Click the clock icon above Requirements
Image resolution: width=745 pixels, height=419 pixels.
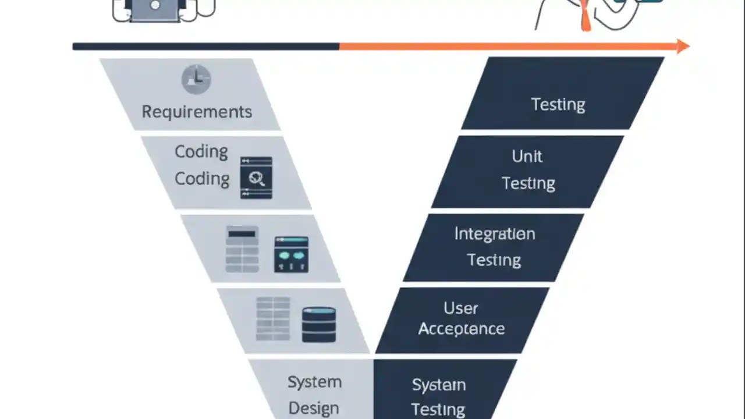point(196,79)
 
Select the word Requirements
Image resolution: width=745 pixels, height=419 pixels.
point(197,111)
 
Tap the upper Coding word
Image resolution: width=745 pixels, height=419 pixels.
point(201,151)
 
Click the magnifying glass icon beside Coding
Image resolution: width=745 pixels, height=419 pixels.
point(256,178)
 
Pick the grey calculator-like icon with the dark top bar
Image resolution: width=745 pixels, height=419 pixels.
point(242,249)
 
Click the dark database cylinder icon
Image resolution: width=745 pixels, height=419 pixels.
point(319,324)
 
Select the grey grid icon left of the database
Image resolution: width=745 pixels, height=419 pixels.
point(273,319)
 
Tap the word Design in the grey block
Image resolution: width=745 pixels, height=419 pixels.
point(314,408)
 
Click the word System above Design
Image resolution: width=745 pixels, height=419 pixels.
point(314,382)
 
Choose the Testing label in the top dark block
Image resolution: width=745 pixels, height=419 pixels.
point(558,105)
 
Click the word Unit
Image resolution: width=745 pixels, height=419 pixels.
point(527,156)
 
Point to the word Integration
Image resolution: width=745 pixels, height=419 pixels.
point(494,234)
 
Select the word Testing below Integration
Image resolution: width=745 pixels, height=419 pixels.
point(494,260)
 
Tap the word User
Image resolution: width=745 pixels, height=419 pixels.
point(460,308)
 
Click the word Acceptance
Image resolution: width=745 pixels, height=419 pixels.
point(461,329)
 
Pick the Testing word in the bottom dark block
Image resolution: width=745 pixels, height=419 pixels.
point(438,409)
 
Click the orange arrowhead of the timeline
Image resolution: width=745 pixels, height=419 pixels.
point(683,46)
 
